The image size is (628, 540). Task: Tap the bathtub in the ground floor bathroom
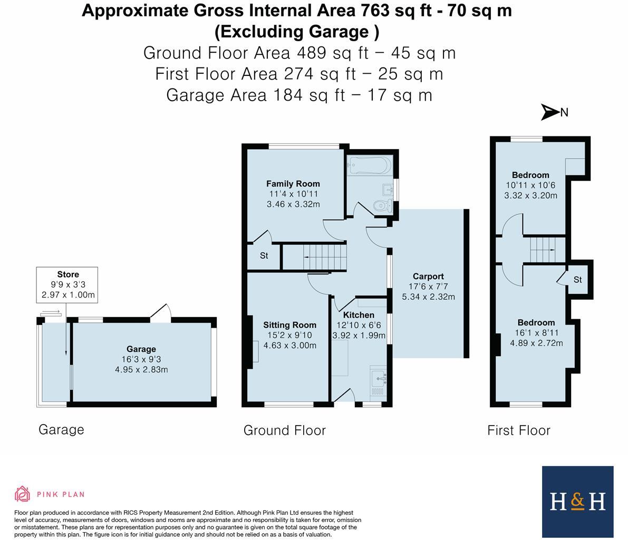tap(369, 165)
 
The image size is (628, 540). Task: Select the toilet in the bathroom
tap(380, 207)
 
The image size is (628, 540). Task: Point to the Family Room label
tap(293, 184)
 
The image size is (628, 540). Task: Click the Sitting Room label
tap(289, 325)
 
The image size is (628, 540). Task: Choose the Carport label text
tap(428, 276)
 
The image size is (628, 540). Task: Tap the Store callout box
tap(67, 284)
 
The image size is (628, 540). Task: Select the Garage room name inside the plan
tap(141, 349)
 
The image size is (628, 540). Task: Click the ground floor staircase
tap(324, 257)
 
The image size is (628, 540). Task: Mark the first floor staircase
tap(543, 249)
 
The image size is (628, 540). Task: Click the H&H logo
tap(577, 501)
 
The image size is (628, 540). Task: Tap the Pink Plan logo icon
tap(22, 494)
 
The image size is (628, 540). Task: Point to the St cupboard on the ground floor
tap(264, 256)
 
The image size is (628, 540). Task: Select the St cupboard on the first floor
tap(577, 279)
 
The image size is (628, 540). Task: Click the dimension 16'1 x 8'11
tap(536, 333)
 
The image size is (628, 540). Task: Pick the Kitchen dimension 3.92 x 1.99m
tap(359, 335)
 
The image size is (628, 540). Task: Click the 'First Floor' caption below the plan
tap(518, 430)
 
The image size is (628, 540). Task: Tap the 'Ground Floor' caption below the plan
tap(284, 430)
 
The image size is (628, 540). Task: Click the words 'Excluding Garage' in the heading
tap(297, 32)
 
